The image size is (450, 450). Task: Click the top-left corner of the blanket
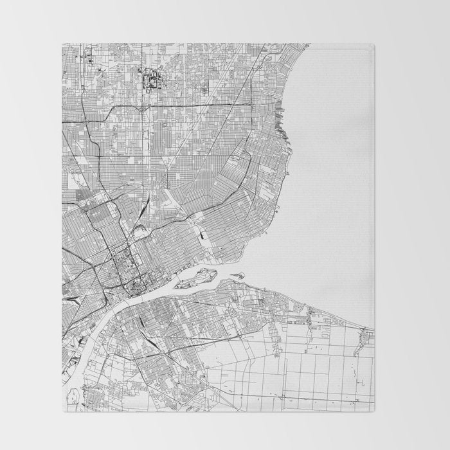click(x=63, y=44)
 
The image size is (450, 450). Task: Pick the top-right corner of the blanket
click(x=373, y=44)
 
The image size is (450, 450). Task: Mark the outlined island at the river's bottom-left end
click(x=72, y=395)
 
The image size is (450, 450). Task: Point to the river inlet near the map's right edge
click(x=365, y=334)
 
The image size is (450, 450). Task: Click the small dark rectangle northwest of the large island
click(x=204, y=237)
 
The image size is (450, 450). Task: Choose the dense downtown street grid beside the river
click(x=122, y=264)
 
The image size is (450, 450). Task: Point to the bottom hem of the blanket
click(x=219, y=409)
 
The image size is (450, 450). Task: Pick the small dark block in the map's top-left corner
click(x=90, y=61)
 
